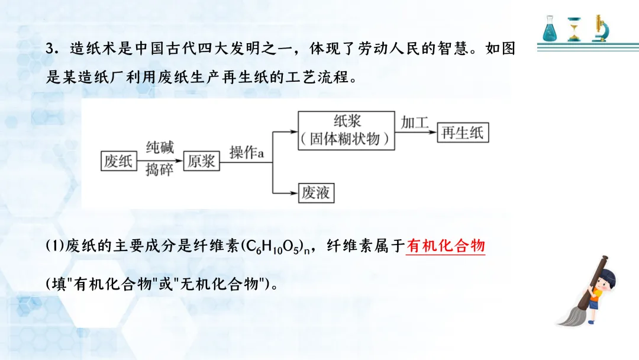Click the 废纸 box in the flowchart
118,160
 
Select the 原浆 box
201,160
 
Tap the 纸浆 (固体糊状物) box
347,130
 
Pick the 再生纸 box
462,132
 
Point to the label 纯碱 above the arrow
160,147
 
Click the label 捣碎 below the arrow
160,171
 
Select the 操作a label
246,152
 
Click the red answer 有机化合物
446,246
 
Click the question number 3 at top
50,49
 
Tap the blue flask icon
551,29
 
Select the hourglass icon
574,29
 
